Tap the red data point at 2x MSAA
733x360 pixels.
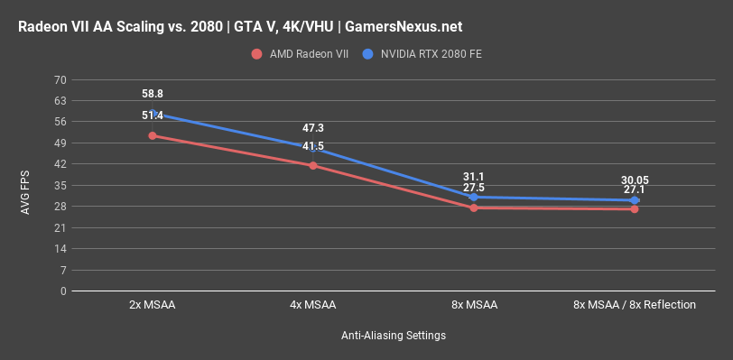click(x=153, y=135)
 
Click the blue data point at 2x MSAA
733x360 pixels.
click(x=153, y=114)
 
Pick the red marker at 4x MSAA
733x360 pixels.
click(x=313, y=165)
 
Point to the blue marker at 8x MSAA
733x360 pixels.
click(x=474, y=197)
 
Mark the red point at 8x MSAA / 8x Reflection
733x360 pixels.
click(x=635, y=209)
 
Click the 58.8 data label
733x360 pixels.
click(x=153, y=94)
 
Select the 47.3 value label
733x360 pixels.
click(x=313, y=128)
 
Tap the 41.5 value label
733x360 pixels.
click(x=313, y=145)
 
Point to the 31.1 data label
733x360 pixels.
click(x=474, y=177)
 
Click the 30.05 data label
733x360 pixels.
click(x=635, y=180)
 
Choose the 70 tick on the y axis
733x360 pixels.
click(x=60, y=80)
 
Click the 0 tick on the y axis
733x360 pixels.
click(x=63, y=291)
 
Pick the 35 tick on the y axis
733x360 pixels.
click(x=60, y=186)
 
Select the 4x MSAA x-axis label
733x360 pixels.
click(x=313, y=305)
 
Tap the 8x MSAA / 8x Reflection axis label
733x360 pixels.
click(x=635, y=305)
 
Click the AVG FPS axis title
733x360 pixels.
click(x=26, y=186)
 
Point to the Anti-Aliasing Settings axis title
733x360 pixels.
click(x=394, y=336)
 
